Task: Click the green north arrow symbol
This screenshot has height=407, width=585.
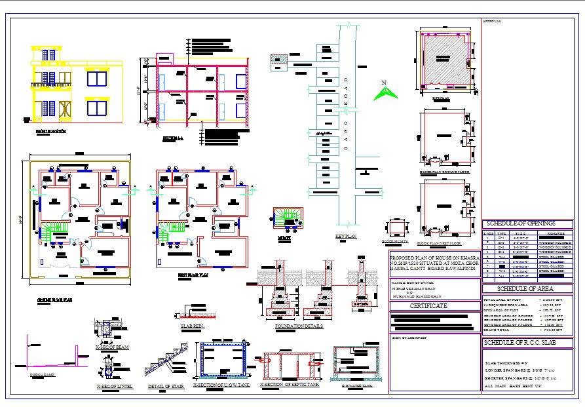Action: [385, 92]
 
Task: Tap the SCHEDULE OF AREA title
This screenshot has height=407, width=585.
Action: [525, 288]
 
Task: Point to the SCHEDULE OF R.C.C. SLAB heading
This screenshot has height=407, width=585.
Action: [520, 343]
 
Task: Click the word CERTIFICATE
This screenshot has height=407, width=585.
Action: [428, 306]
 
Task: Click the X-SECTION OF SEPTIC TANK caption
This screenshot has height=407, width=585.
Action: [289, 385]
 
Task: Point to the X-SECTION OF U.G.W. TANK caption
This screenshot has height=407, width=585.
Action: [221, 385]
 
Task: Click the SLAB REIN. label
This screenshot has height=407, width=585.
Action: [193, 326]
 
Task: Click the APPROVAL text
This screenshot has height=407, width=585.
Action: [492, 21]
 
